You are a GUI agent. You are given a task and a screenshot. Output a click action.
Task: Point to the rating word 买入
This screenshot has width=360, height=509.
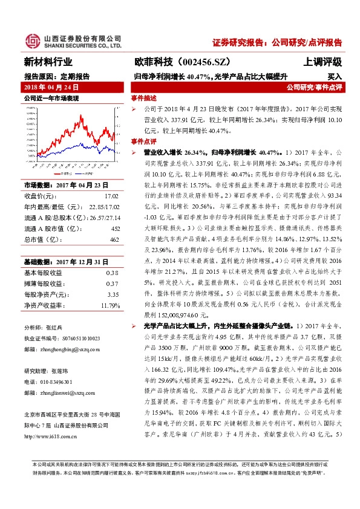[x=335, y=77]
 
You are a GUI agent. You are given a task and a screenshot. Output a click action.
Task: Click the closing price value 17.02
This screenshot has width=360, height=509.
[x=111, y=196]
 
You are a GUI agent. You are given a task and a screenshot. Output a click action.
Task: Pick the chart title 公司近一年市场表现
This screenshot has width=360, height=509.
[x=51, y=97]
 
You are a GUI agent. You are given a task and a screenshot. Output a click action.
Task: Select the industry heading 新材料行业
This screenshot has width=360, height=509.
[x=48, y=62]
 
